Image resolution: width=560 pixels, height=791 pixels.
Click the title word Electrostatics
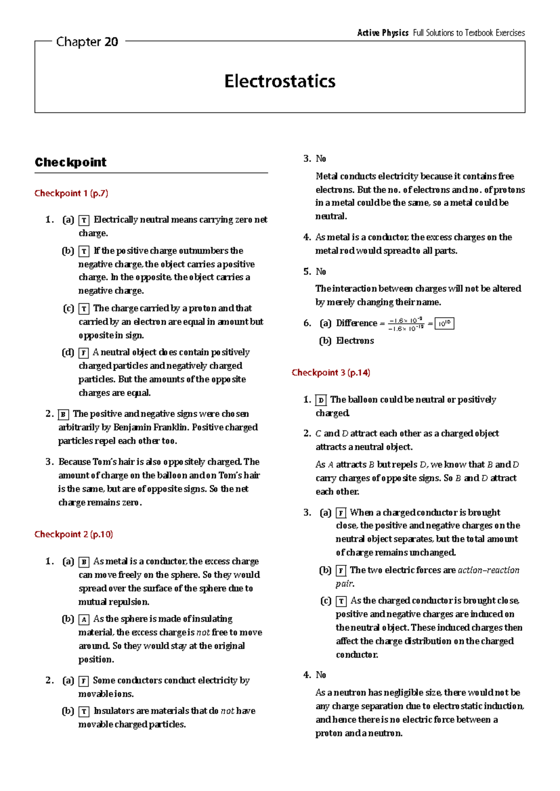tap(280, 81)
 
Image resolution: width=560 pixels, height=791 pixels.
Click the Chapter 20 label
tap(87, 42)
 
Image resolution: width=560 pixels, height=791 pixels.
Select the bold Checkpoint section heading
tap(70, 162)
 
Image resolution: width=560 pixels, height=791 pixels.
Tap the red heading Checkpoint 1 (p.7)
tap(71, 193)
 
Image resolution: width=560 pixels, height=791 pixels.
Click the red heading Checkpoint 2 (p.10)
tap(73, 534)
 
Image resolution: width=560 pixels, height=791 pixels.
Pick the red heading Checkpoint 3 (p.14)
tap(330, 372)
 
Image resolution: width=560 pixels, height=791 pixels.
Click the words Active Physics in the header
tap(383, 33)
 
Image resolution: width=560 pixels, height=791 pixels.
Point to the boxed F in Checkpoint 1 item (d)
tap(84, 353)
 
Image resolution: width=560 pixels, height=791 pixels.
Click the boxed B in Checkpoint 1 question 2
tap(63, 414)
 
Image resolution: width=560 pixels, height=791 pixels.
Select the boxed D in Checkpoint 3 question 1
tap(321, 400)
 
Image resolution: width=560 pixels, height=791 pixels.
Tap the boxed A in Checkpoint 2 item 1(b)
tap(84, 619)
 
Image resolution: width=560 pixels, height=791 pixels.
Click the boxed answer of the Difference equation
tap(444, 323)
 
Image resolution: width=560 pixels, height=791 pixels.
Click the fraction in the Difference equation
tap(406, 324)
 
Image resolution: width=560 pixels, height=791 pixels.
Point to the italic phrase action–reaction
tap(488, 570)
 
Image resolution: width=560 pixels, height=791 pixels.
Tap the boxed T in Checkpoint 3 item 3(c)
tap(341, 601)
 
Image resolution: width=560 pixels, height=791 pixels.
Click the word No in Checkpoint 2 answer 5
tap(321, 271)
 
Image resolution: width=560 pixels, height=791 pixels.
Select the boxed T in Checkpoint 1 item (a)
tap(84, 220)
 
